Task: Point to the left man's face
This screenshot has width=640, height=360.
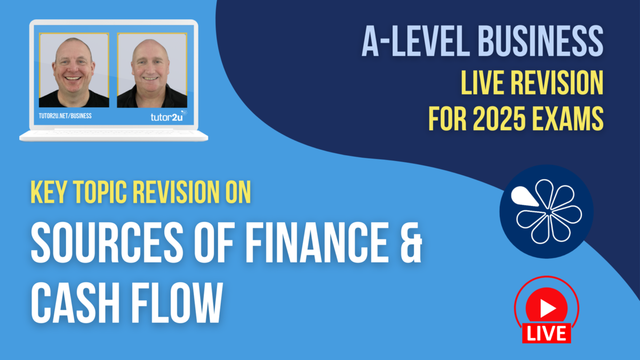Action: pyautogui.click(x=73, y=68)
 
